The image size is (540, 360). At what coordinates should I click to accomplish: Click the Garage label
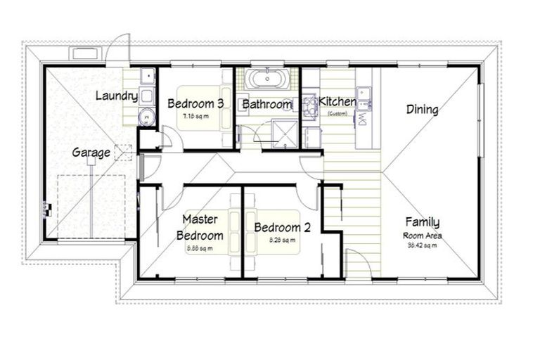coord(91,153)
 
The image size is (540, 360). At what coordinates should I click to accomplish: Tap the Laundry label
coord(115,96)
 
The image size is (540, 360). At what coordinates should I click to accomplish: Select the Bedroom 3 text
coord(195,104)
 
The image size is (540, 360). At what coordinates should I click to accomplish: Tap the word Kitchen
coord(337,102)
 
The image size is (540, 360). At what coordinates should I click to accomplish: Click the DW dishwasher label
coord(364,120)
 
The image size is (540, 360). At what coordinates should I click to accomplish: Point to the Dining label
coord(423,110)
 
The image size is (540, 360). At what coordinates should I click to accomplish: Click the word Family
coord(422,223)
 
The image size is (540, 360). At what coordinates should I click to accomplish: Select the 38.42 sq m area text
coord(422,245)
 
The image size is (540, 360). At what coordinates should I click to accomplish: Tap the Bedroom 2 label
coord(277,228)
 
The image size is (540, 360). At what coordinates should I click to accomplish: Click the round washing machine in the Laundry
coord(147,117)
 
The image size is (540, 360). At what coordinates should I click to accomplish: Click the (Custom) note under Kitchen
coord(337,112)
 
